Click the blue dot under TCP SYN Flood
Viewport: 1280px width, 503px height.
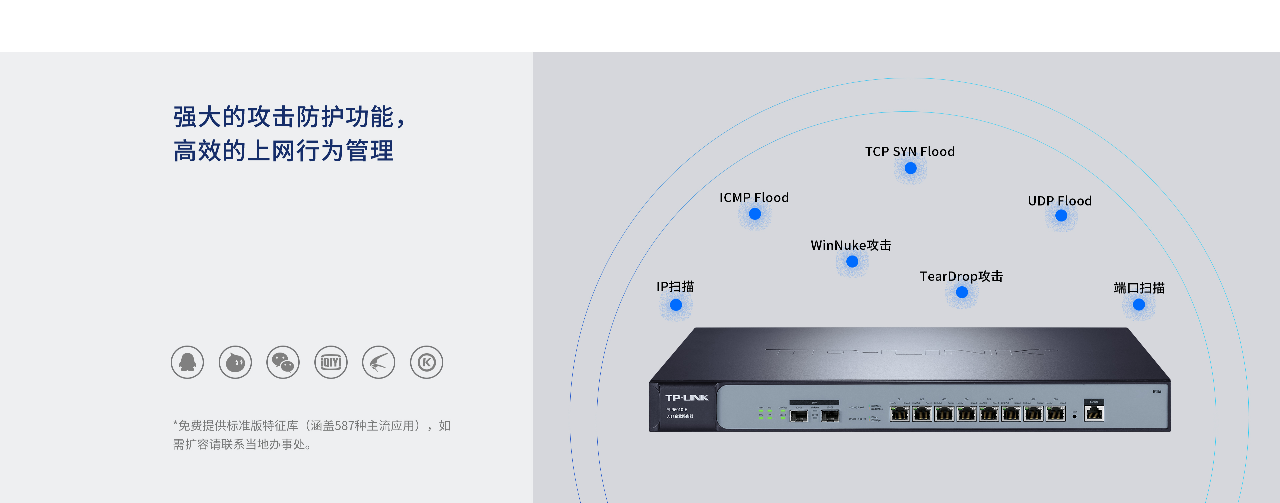tap(910, 168)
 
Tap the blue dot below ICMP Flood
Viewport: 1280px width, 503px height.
tap(755, 214)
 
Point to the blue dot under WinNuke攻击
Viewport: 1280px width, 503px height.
tap(852, 262)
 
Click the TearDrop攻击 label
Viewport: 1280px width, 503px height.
tap(961, 277)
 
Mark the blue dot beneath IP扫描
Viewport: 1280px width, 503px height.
tap(676, 305)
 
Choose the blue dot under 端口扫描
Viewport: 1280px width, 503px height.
tap(1139, 305)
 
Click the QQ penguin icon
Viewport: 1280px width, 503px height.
tap(187, 362)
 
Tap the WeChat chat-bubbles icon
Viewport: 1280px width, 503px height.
tap(283, 362)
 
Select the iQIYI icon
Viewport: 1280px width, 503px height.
tap(331, 362)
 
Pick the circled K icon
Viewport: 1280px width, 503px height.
tap(426, 362)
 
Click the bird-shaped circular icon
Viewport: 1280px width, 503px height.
tap(379, 362)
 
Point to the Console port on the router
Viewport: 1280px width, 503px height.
tap(1094, 413)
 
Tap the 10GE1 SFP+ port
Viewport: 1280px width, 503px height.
tap(799, 416)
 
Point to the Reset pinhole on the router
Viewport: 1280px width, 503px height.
tap(1074, 417)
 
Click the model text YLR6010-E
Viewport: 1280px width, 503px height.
tap(677, 410)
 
